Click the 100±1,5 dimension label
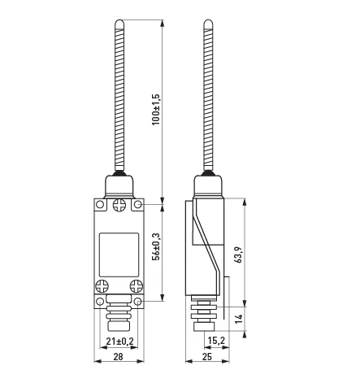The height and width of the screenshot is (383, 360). pyautogui.click(x=156, y=109)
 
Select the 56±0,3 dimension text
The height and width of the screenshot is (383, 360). pyautogui.click(x=156, y=246)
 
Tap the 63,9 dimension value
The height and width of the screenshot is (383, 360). pyautogui.click(x=238, y=255)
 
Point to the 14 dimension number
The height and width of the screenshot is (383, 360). pyautogui.click(x=238, y=319)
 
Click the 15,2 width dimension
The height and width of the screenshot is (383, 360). pyautogui.click(x=216, y=341)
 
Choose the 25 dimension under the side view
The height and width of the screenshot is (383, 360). pyautogui.click(x=207, y=357)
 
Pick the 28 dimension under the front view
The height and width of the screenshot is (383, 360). pyautogui.click(x=119, y=357)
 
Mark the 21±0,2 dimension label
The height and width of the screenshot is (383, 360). pyautogui.click(x=119, y=342)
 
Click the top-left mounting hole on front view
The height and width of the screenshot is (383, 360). pyautogui.click(x=100, y=204)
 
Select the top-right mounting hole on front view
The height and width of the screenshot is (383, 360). pyautogui.click(x=138, y=204)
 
